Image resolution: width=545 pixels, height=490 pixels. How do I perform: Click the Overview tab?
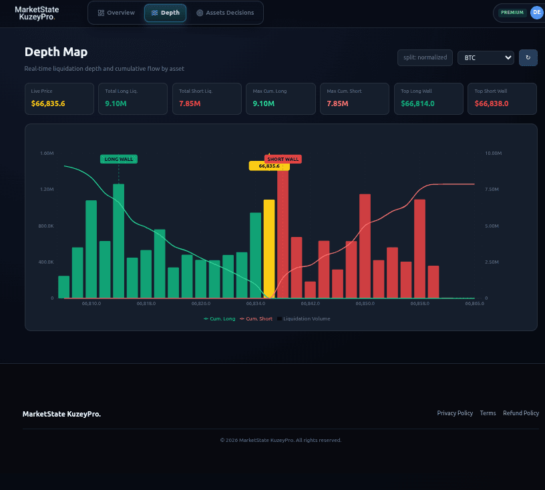[x=116, y=13]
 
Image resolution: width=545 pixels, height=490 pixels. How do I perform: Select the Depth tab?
[x=165, y=13]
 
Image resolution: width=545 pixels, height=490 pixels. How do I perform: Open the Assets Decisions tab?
[x=225, y=13]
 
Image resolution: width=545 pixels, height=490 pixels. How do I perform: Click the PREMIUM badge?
[x=512, y=13]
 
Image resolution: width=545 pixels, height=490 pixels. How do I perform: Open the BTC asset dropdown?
[x=486, y=58]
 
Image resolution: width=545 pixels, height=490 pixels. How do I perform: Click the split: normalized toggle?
[x=425, y=58]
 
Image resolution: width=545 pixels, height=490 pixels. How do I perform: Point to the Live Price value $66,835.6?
[x=48, y=103]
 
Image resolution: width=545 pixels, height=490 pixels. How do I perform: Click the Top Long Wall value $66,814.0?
[x=418, y=103]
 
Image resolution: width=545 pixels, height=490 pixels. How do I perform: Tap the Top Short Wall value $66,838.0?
[x=492, y=103]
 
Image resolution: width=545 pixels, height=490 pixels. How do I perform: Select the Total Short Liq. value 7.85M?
[x=190, y=103]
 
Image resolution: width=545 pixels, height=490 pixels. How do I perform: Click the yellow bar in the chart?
[x=268, y=247]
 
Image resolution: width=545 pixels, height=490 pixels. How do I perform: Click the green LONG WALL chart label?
[x=119, y=159]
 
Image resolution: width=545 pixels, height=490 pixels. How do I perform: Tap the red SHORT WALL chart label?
[x=283, y=159]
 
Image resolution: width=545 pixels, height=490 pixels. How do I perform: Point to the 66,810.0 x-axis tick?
[x=91, y=304]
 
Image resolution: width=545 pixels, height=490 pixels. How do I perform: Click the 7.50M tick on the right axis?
[x=493, y=190]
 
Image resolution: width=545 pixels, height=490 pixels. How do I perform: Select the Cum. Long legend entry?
[x=220, y=319]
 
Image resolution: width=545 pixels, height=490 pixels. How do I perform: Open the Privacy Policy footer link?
[x=455, y=413]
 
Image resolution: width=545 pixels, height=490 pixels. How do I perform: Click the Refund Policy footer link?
[x=521, y=413]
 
